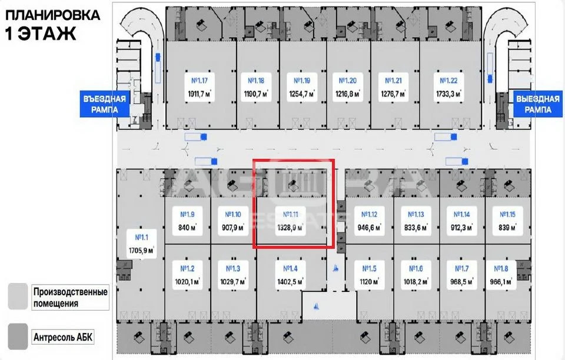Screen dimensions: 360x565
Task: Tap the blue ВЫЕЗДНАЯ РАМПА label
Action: (x=539, y=104)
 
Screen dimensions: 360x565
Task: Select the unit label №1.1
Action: (x=142, y=238)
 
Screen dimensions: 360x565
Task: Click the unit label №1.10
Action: (x=230, y=214)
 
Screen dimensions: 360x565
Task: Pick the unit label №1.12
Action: (x=369, y=214)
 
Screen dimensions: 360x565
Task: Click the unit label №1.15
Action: (x=507, y=214)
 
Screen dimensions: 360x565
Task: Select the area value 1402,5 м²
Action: (x=290, y=282)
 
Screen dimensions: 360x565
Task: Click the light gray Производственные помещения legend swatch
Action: (x=17, y=296)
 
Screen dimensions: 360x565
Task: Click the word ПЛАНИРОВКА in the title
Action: (x=52, y=14)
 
